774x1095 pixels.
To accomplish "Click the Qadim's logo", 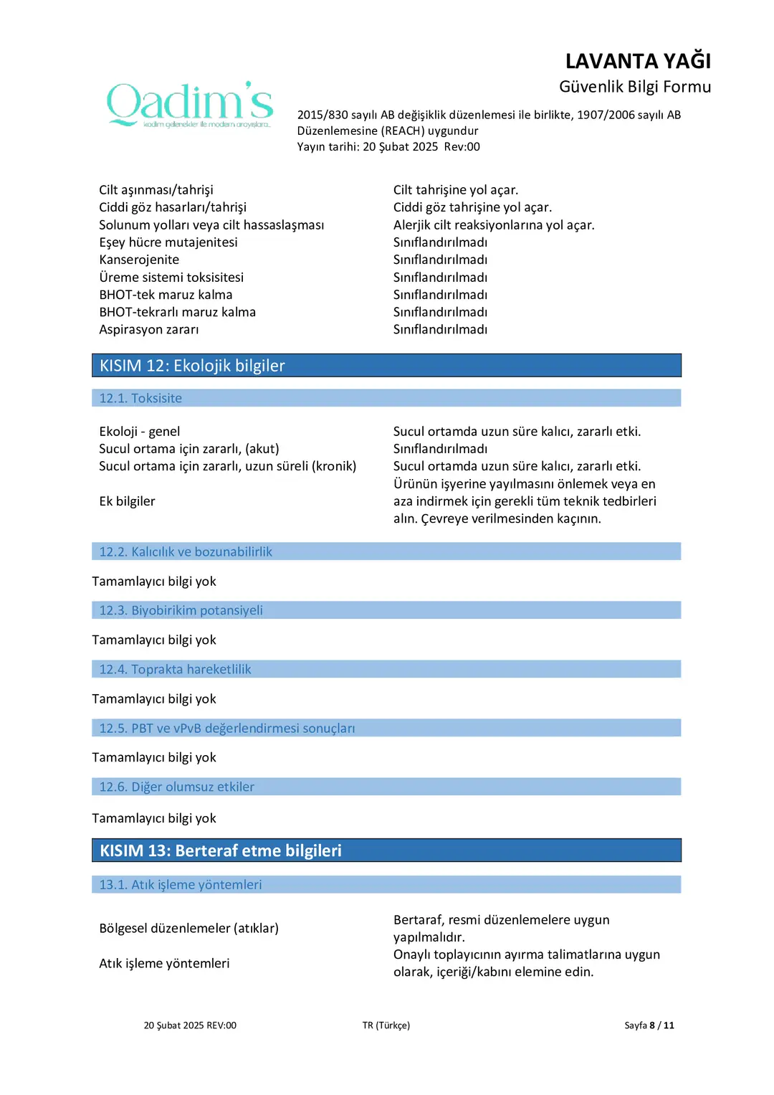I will tap(190, 105).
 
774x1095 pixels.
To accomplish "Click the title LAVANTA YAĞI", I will tap(637, 61).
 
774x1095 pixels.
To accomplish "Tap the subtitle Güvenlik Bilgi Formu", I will tap(634, 87).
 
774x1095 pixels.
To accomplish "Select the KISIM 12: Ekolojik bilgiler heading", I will tap(192, 366).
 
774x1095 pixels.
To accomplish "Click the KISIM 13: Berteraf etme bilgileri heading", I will tap(221, 850).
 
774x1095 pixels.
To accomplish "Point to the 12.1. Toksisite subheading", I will tap(140, 398).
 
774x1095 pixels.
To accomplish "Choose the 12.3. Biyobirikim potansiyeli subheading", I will tap(181, 610).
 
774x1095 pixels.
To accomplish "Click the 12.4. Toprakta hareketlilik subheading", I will tap(175, 669).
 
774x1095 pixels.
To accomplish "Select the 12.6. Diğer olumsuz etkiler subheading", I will tap(176, 787).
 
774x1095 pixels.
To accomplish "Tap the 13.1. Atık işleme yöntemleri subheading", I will tap(181, 885).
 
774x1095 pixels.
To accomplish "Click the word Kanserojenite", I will tap(139, 260).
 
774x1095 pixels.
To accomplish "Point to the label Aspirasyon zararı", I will tap(149, 329).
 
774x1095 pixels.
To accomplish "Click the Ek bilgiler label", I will tap(127, 501).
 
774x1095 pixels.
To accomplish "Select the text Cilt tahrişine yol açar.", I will tap(455, 190).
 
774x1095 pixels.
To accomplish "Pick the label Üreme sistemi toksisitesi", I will tap(171, 278).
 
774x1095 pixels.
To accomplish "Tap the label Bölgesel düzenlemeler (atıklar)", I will tap(188, 928).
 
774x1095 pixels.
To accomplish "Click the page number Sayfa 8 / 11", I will tap(649, 1025).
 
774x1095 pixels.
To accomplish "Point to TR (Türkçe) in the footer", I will tap(386, 1025).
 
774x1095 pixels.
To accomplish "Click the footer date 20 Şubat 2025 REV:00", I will tap(190, 1025).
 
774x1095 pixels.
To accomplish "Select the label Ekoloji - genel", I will tap(140, 432).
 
